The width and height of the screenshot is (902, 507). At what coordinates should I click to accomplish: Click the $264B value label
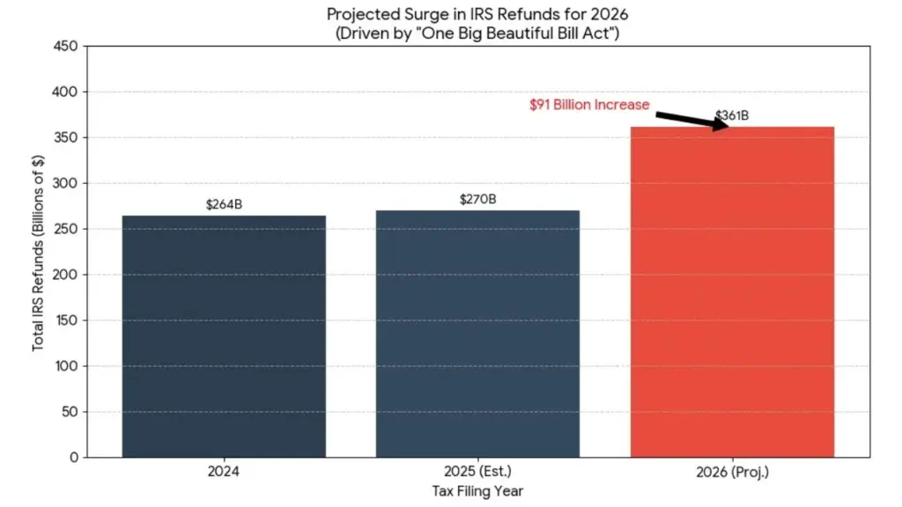[224, 205]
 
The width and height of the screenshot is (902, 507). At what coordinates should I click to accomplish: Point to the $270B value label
[477, 200]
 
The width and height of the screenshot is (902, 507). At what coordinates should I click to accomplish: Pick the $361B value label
[732, 115]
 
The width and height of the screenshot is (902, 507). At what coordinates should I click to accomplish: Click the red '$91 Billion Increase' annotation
[589, 105]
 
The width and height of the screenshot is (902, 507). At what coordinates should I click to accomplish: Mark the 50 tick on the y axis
[70, 412]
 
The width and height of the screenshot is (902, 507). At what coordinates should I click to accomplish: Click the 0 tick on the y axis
[73, 458]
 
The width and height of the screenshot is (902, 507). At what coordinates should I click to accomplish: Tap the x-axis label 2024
[224, 473]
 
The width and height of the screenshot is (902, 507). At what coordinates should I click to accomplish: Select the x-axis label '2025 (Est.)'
[477, 473]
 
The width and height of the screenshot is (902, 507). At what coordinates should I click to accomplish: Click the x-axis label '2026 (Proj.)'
[731, 473]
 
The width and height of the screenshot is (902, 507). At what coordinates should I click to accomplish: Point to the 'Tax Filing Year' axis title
[477, 491]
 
